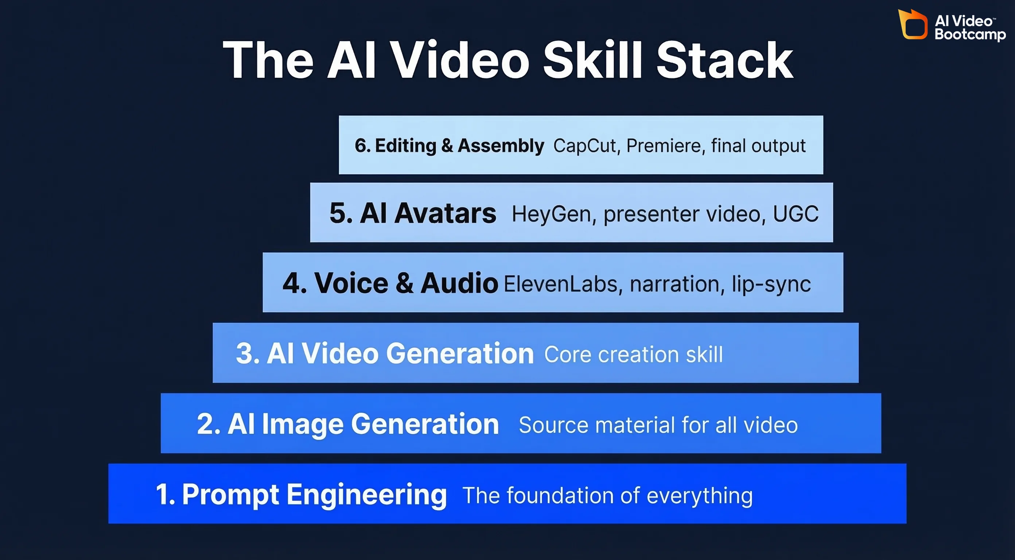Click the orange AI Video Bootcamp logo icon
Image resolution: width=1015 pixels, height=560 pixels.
point(912,25)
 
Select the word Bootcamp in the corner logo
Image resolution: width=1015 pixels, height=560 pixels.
point(970,34)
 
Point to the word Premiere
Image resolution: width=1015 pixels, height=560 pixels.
point(665,146)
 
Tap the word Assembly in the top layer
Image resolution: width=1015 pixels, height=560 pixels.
point(501,146)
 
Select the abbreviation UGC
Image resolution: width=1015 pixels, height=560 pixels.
point(796,214)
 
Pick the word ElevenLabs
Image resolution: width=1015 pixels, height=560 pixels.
point(563,284)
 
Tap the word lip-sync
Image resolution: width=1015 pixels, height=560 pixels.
point(771,284)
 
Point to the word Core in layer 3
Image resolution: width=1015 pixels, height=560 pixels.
point(568,354)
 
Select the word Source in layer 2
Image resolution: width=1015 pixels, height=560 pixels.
point(553,425)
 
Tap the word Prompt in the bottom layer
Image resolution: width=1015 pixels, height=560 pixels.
point(230,495)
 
